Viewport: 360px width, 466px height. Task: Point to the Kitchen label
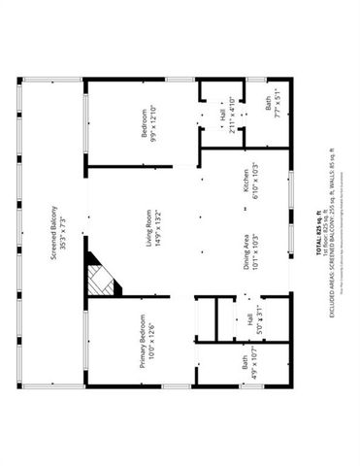(x=245, y=182)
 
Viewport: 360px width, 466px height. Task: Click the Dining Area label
(x=245, y=254)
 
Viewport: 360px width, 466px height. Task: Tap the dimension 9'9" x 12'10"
(x=153, y=125)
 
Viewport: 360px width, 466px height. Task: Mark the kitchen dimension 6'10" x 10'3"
(x=256, y=182)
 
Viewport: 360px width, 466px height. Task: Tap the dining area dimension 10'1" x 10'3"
(x=256, y=254)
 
